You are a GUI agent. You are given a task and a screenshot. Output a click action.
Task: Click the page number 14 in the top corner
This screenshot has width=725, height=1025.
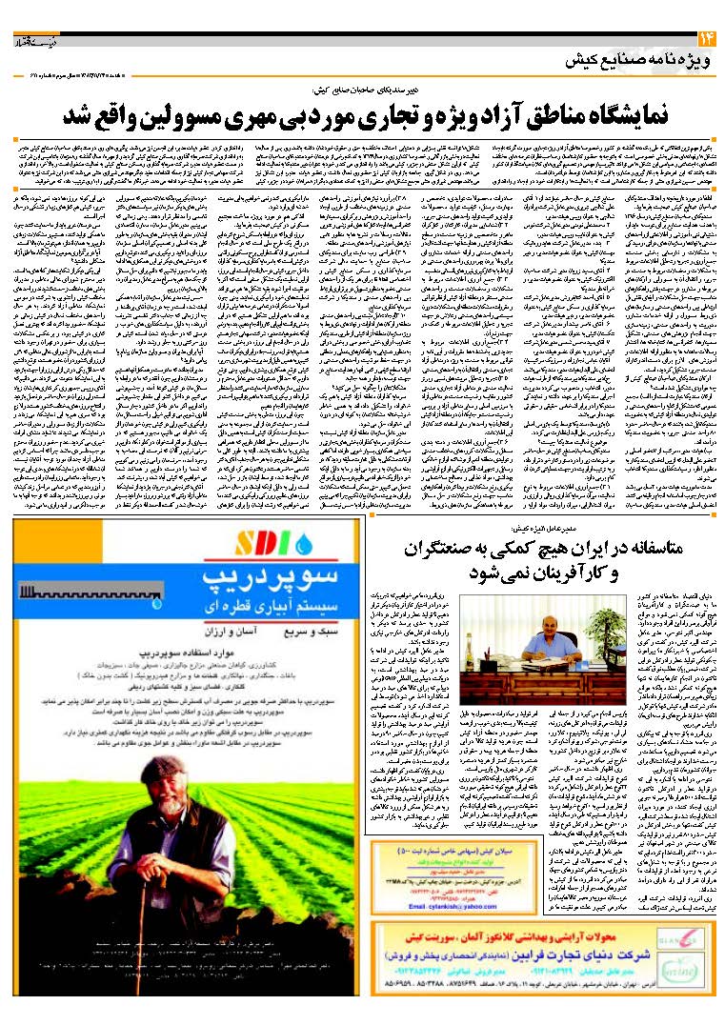tap(706, 38)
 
